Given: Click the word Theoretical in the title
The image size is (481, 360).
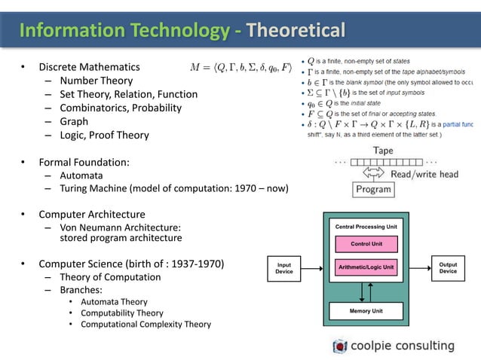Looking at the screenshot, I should (x=296, y=31).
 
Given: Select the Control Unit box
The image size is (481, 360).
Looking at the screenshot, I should (x=366, y=243).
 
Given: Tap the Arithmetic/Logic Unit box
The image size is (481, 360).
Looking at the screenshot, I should (x=366, y=267).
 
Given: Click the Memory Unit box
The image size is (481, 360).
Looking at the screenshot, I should (x=366, y=310).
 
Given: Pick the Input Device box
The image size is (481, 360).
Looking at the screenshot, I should (x=284, y=268).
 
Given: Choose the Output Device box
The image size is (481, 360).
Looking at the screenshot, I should (x=448, y=268).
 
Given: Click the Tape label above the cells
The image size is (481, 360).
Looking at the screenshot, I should (x=382, y=150).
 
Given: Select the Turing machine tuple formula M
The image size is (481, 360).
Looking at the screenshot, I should (x=239, y=66).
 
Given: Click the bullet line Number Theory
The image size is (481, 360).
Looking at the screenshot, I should (x=96, y=81).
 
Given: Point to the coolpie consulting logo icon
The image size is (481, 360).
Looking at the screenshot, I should (x=341, y=346).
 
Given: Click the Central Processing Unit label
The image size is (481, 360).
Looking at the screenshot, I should (x=366, y=226).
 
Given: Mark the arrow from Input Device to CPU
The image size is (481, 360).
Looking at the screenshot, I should (x=314, y=268).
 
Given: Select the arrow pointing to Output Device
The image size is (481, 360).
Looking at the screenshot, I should (x=418, y=268).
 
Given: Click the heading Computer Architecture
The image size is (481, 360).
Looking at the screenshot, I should (x=92, y=214).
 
